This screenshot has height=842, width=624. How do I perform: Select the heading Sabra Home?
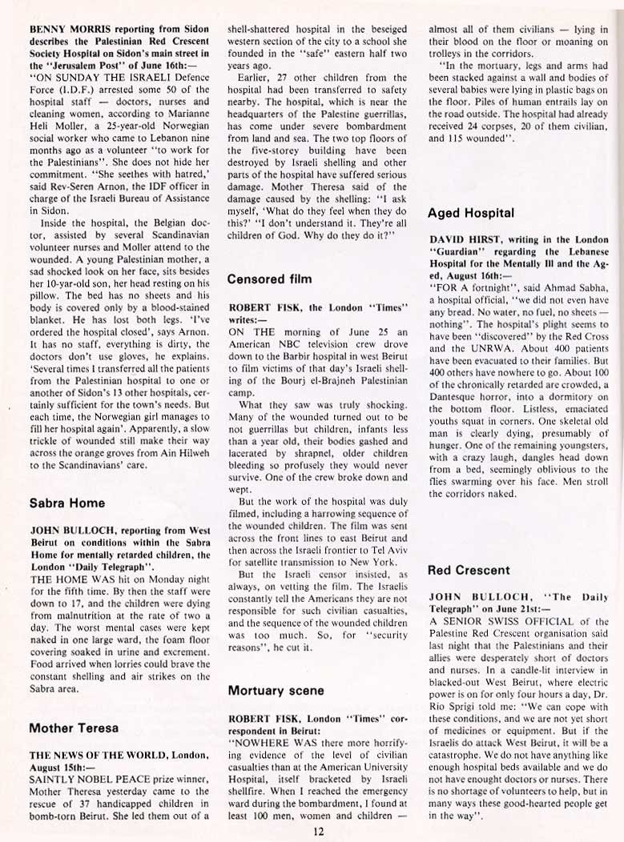[x=68, y=503]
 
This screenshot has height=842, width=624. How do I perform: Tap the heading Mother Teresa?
[x=74, y=728]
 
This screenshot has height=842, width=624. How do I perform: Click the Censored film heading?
[x=269, y=279]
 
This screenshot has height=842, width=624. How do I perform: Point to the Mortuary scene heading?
[x=276, y=689]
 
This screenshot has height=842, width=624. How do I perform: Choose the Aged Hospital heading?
[x=471, y=213]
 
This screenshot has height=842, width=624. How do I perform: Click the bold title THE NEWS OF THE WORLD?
[x=90, y=755]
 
